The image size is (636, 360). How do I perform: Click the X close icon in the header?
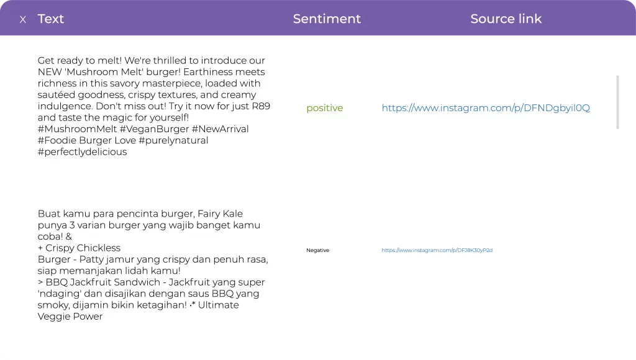pyautogui.click(x=23, y=20)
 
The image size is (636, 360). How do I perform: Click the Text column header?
pyautogui.click(x=51, y=19)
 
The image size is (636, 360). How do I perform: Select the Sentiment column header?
pyautogui.click(x=327, y=19)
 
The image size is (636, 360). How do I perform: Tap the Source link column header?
pyautogui.click(x=506, y=19)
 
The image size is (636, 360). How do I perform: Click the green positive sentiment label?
pyautogui.click(x=324, y=108)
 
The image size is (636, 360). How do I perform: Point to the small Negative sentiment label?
pyautogui.click(x=317, y=250)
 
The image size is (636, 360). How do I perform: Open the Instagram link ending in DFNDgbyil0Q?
pyautogui.click(x=485, y=108)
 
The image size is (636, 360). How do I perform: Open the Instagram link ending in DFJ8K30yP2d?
pyautogui.click(x=437, y=250)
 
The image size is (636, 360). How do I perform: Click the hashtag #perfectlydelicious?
pyautogui.click(x=82, y=152)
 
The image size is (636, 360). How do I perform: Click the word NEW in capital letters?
pyautogui.click(x=50, y=72)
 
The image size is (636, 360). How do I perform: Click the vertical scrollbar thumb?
pyautogui.click(x=617, y=102)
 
